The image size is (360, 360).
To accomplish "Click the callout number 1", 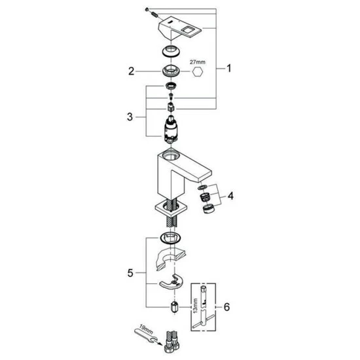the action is [x=228, y=68].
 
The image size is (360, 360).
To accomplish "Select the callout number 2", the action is [x=131, y=71].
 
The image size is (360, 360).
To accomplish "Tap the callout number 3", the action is [x=130, y=117].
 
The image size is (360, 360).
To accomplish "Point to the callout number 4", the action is [x=230, y=196].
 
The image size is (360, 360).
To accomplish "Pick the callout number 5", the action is [x=130, y=273].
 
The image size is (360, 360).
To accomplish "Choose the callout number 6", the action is [x=226, y=307].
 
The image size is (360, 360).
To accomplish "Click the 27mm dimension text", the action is [x=198, y=62].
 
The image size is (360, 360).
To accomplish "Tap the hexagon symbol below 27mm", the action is [x=198, y=72].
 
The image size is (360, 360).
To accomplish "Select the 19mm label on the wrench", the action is [x=146, y=329].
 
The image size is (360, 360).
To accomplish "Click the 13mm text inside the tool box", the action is [x=196, y=306].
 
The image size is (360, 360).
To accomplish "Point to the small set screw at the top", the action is [x=147, y=9].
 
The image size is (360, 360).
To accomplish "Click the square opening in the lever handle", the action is [x=188, y=29].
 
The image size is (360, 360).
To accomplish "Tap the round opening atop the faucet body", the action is [x=171, y=154].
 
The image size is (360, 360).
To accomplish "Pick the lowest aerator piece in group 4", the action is [x=208, y=209].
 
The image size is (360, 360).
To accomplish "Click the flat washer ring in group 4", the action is [x=202, y=188].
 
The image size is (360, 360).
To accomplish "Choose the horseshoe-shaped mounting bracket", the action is [x=171, y=283].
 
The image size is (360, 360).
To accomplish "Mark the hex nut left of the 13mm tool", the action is [x=174, y=307].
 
